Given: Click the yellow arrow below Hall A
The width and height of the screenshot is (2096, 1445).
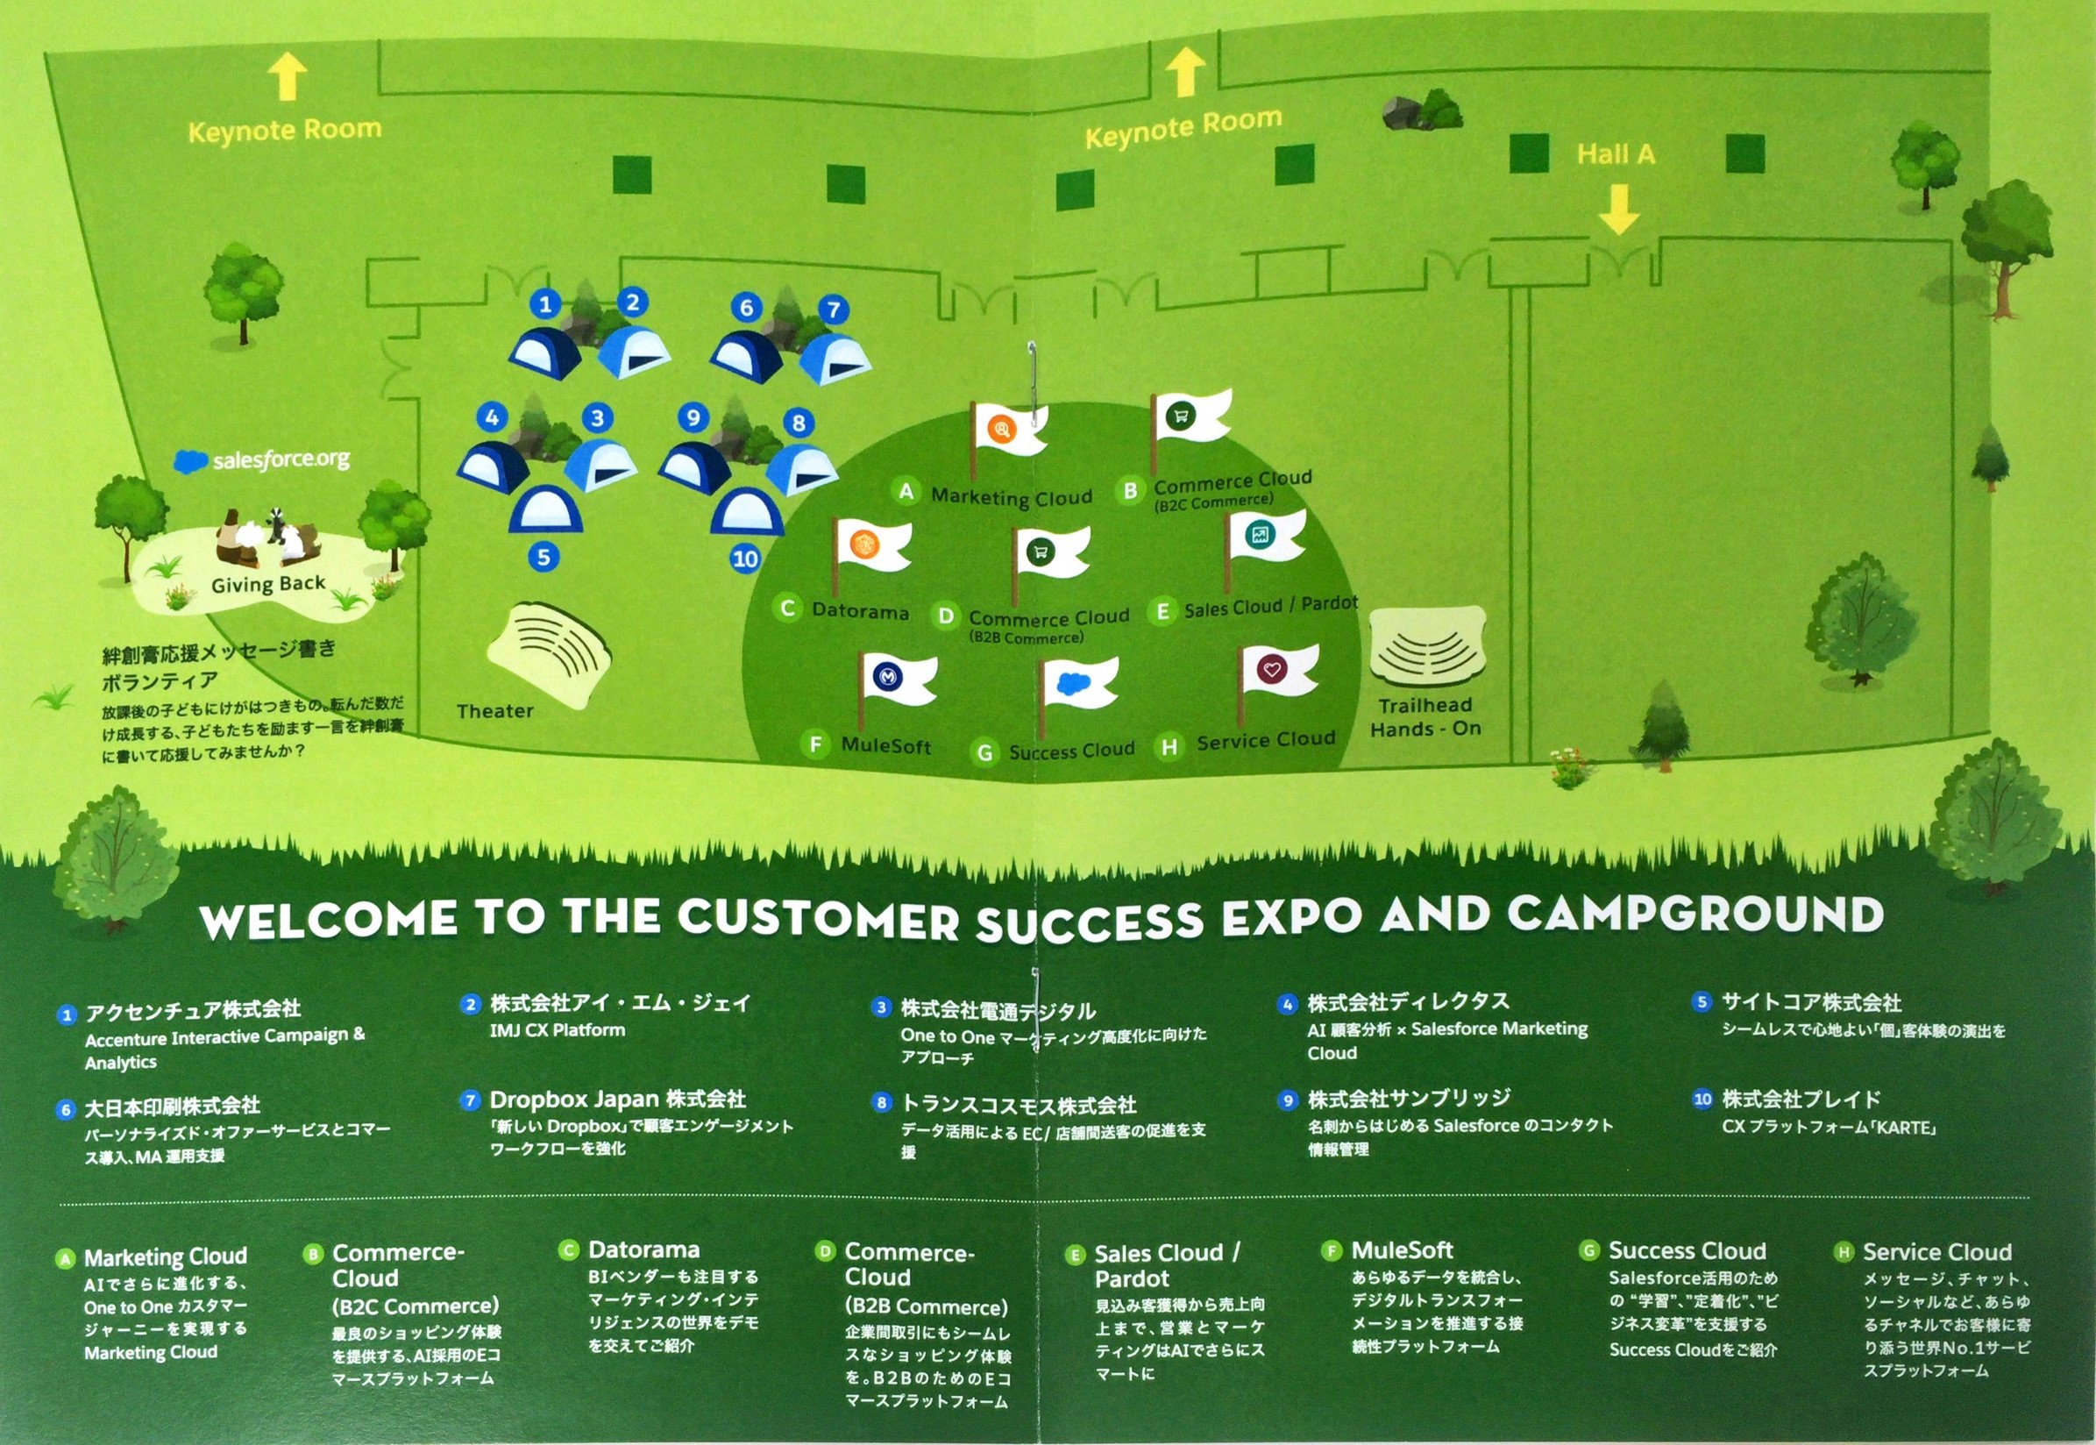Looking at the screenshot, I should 1618,210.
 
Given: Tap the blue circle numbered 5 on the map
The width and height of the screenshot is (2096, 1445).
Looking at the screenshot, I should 543,557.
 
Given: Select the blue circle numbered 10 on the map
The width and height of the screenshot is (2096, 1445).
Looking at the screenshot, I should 745,559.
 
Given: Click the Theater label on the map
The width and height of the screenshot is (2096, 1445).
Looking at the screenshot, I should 495,711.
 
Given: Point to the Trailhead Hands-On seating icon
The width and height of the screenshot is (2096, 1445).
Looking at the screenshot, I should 1427,644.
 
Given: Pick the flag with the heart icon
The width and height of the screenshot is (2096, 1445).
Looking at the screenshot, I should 1276,672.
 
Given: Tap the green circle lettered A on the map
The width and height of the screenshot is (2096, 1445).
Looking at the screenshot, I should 905,492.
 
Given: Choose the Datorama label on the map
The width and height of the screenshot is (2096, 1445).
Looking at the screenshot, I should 860,611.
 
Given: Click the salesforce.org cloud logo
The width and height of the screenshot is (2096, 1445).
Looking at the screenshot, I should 190,462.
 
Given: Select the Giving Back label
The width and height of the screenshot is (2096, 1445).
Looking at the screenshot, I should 268,584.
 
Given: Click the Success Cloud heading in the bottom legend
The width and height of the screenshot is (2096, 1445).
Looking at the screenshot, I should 1686,1251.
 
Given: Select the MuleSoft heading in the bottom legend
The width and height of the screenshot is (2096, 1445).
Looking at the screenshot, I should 1402,1250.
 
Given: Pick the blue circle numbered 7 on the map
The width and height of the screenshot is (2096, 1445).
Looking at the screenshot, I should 834,310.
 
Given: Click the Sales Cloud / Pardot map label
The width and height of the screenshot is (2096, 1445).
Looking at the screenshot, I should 1270,607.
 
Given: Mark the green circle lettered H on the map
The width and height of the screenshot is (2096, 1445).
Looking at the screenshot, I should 1169,747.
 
